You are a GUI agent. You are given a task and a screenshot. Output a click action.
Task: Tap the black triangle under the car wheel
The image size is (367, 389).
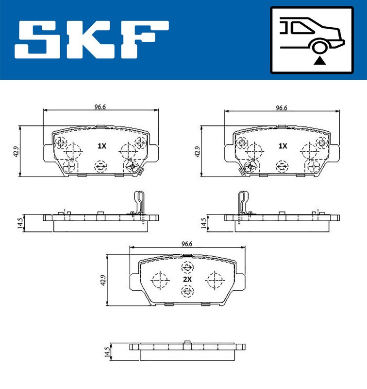click(x=319, y=60)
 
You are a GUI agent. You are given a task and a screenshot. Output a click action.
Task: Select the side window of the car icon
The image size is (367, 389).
click(x=302, y=28)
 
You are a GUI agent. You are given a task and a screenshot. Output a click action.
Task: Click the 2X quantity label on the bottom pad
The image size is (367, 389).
click(x=187, y=279)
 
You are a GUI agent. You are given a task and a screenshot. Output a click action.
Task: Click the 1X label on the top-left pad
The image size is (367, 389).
click(x=101, y=146)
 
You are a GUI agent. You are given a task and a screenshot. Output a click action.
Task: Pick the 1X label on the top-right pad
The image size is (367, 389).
click(x=283, y=146)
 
